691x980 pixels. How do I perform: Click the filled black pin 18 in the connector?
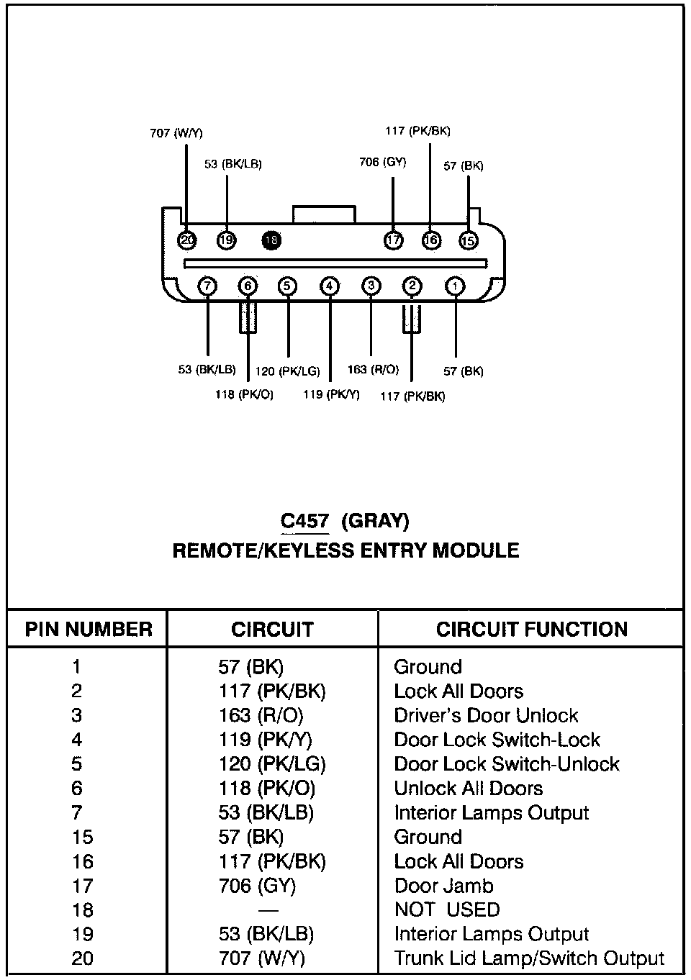pyautogui.click(x=271, y=240)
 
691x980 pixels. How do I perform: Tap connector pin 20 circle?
pyautogui.click(x=187, y=240)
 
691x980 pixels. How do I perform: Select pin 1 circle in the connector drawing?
pyautogui.click(x=455, y=286)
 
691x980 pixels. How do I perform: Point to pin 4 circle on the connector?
pyautogui.click(x=330, y=286)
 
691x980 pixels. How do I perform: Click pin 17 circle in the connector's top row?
pyautogui.click(x=394, y=240)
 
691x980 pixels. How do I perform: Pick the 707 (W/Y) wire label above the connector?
pyautogui.click(x=176, y=133)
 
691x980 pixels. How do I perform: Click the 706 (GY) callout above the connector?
pyautogui.click(x=382, y=162)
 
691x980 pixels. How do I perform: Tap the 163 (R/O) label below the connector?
pyautogui.click(x=373, y=369)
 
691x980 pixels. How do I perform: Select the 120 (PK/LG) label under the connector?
pyautogui.click(x=288, y=372)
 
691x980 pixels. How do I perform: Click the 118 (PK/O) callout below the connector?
pyautogui.click(x=244, y=394)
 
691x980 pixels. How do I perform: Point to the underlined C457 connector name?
pyautogui.click(x=304, y=520)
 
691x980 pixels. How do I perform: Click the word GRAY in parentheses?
pyautogui.click(x=375, y=520)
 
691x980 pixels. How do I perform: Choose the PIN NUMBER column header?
pyautogui.click(x=89, y=630)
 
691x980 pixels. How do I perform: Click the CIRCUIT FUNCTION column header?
pyautogui.click(x=531, y=630)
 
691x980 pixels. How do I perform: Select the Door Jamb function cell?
pyautogui.click(x=443, y=886)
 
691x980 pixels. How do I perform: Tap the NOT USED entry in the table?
pyautogui.click(x=446, y=910)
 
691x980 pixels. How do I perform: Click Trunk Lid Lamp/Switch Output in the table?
pyautogui.click(x=529, y=958)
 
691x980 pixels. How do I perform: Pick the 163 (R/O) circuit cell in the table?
pyautogui.click(x=261, y=716)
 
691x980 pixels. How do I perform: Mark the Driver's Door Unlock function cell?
pyautogui.click(x=486, y=716)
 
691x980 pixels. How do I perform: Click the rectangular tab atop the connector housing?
pyautogui.click(x=323, y=214)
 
